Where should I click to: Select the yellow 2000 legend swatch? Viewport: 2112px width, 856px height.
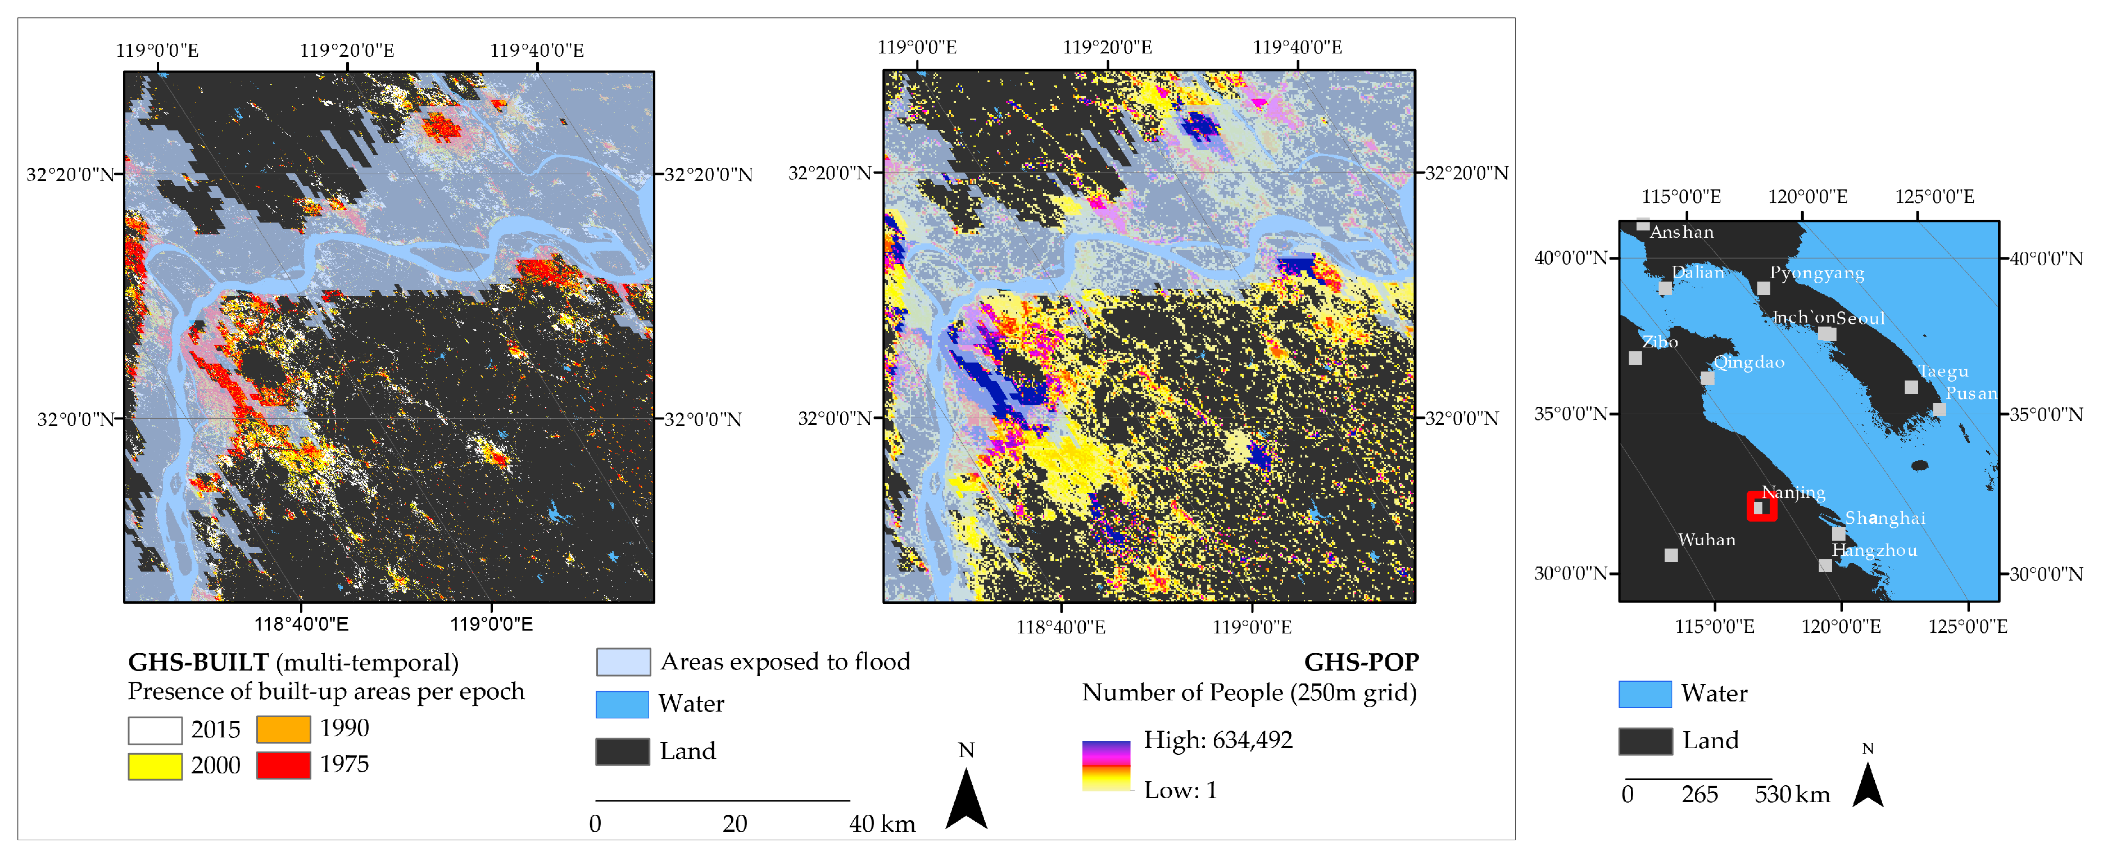click(x=155, y=766)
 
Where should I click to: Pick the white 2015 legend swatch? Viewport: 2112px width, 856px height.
click(x=155, y=730)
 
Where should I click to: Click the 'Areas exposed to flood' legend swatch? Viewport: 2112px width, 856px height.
click(x=623, y=662)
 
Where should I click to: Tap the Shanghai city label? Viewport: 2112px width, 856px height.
click(x=1885, y=518)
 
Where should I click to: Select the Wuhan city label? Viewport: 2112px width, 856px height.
click(x=1706, y=540)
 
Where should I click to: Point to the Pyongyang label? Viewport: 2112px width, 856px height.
click(x=1817, y=273)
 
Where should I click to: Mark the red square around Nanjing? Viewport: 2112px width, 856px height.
click(x=1761, y=507)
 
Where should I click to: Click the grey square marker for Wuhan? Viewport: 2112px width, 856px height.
click(x=1671, y=555)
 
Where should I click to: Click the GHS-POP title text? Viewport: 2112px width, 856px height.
click(x=1361, y=662)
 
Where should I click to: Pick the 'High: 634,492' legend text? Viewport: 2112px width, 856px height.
click(x=1217, y=740)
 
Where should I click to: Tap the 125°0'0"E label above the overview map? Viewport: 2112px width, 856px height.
click(x=1934, y=197)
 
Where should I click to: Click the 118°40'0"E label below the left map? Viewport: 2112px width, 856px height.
click(x=301, y=624)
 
